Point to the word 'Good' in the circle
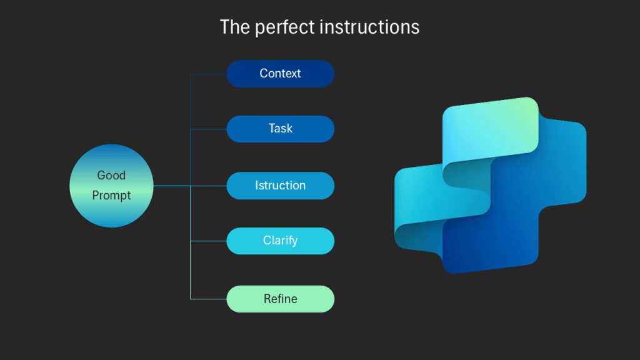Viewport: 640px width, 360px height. coord(111,176)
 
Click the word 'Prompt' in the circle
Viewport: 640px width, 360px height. coord(111,196)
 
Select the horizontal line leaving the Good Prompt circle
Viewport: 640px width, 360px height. coord(171,186)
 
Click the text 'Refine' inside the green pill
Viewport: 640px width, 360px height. coord(280,299)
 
